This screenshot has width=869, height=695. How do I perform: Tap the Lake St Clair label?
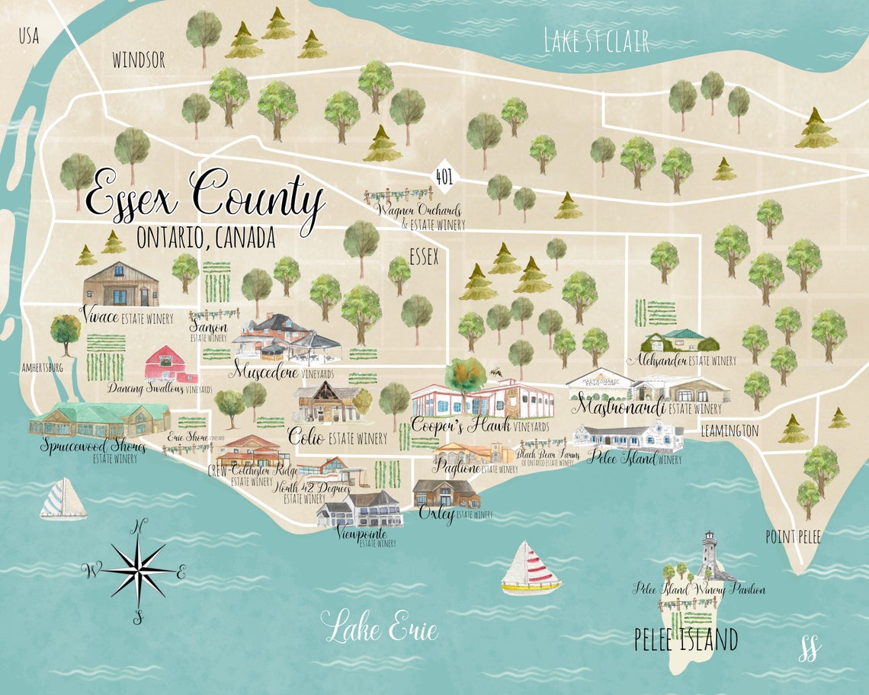596,40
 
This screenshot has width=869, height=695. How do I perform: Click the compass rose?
139,570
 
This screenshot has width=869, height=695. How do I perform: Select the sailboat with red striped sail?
531,569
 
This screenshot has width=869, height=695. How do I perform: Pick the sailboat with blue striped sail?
63,500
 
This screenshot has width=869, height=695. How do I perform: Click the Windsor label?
138,60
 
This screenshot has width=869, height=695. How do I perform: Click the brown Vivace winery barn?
120,284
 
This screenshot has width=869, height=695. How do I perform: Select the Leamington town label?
730,431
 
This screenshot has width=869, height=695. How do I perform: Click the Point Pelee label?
793,536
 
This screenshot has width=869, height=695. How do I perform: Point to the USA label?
28,35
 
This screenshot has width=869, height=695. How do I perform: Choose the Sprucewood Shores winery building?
99,421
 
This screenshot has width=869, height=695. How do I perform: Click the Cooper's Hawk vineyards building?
482,399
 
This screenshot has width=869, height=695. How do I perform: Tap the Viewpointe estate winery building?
359,509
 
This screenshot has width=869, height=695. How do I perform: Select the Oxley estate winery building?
446,494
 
